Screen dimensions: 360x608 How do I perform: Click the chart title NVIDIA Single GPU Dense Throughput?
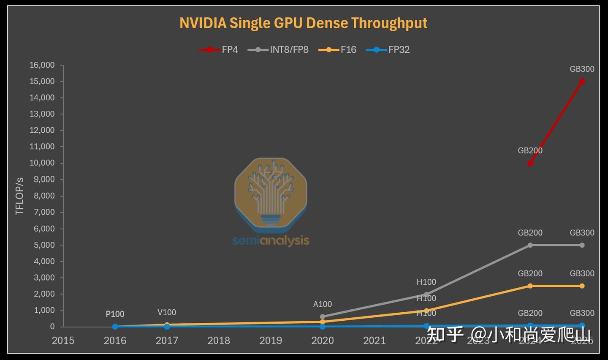pyautogui.click(x=303, y=23)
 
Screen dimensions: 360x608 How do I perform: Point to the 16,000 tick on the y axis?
pyautogui.click(x=42, y=65)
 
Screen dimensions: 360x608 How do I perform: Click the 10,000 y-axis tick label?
pyautogui.click(x=42, y=163)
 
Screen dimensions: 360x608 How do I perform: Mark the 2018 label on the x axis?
pyautogui.click(x=219, y=341)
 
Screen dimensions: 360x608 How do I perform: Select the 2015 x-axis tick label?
pyautogui.click(x=63, y=341)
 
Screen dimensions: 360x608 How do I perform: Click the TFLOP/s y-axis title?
pyautogui.click(x=19, y=196)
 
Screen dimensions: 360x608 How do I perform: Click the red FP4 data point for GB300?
pyautogui.click(x=582, y=82)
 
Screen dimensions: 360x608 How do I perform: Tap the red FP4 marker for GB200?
pyautogui.click(x=530, y=163)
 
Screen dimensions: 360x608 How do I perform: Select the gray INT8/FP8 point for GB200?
pyautogui.click(x=530, y=245)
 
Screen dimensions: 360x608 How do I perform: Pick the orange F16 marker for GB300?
pyautogui.click(x=582, y=286)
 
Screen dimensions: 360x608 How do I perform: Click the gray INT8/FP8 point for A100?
pyautogui.click(x=323, y=316)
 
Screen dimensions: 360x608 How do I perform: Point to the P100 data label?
pyautogui.click(x=115, y=314)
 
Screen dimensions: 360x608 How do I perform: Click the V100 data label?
pyautogui.click(x=167, y=312)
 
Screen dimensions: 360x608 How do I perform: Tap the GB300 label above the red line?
pyautogui.click(x=582, y=69)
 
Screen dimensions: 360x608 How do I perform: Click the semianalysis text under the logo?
pyautogui.click(x=271, y=240)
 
